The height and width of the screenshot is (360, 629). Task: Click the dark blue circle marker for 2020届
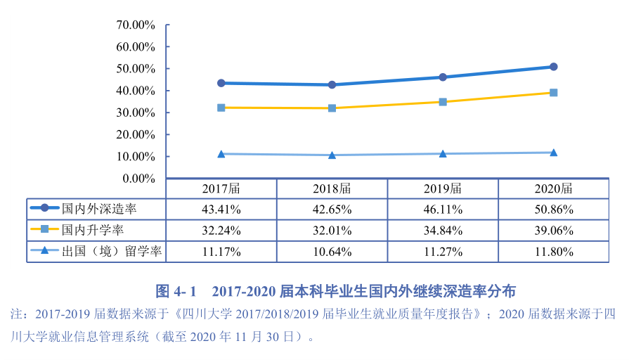(554, 67)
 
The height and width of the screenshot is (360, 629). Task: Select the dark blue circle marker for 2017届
(221, 83)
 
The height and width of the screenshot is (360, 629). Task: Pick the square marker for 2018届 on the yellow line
(332, 108)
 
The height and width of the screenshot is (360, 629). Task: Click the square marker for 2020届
(554, 93)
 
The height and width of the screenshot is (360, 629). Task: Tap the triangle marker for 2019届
(443, 153)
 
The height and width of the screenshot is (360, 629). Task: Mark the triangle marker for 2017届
(221, 153)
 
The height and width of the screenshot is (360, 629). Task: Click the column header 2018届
(332, 188)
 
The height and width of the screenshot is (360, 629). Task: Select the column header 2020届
(554, 188)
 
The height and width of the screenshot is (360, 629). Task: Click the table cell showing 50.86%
(554, 209)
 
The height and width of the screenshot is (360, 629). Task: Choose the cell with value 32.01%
(332, 230)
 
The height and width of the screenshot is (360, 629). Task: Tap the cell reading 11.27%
(443, 251)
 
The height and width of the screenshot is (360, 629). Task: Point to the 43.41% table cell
(221, 209)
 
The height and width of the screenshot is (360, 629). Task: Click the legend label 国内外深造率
(98, 209)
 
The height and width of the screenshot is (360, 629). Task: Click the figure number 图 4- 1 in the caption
(176, 290)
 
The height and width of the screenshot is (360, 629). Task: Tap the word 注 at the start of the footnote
(11, 314)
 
